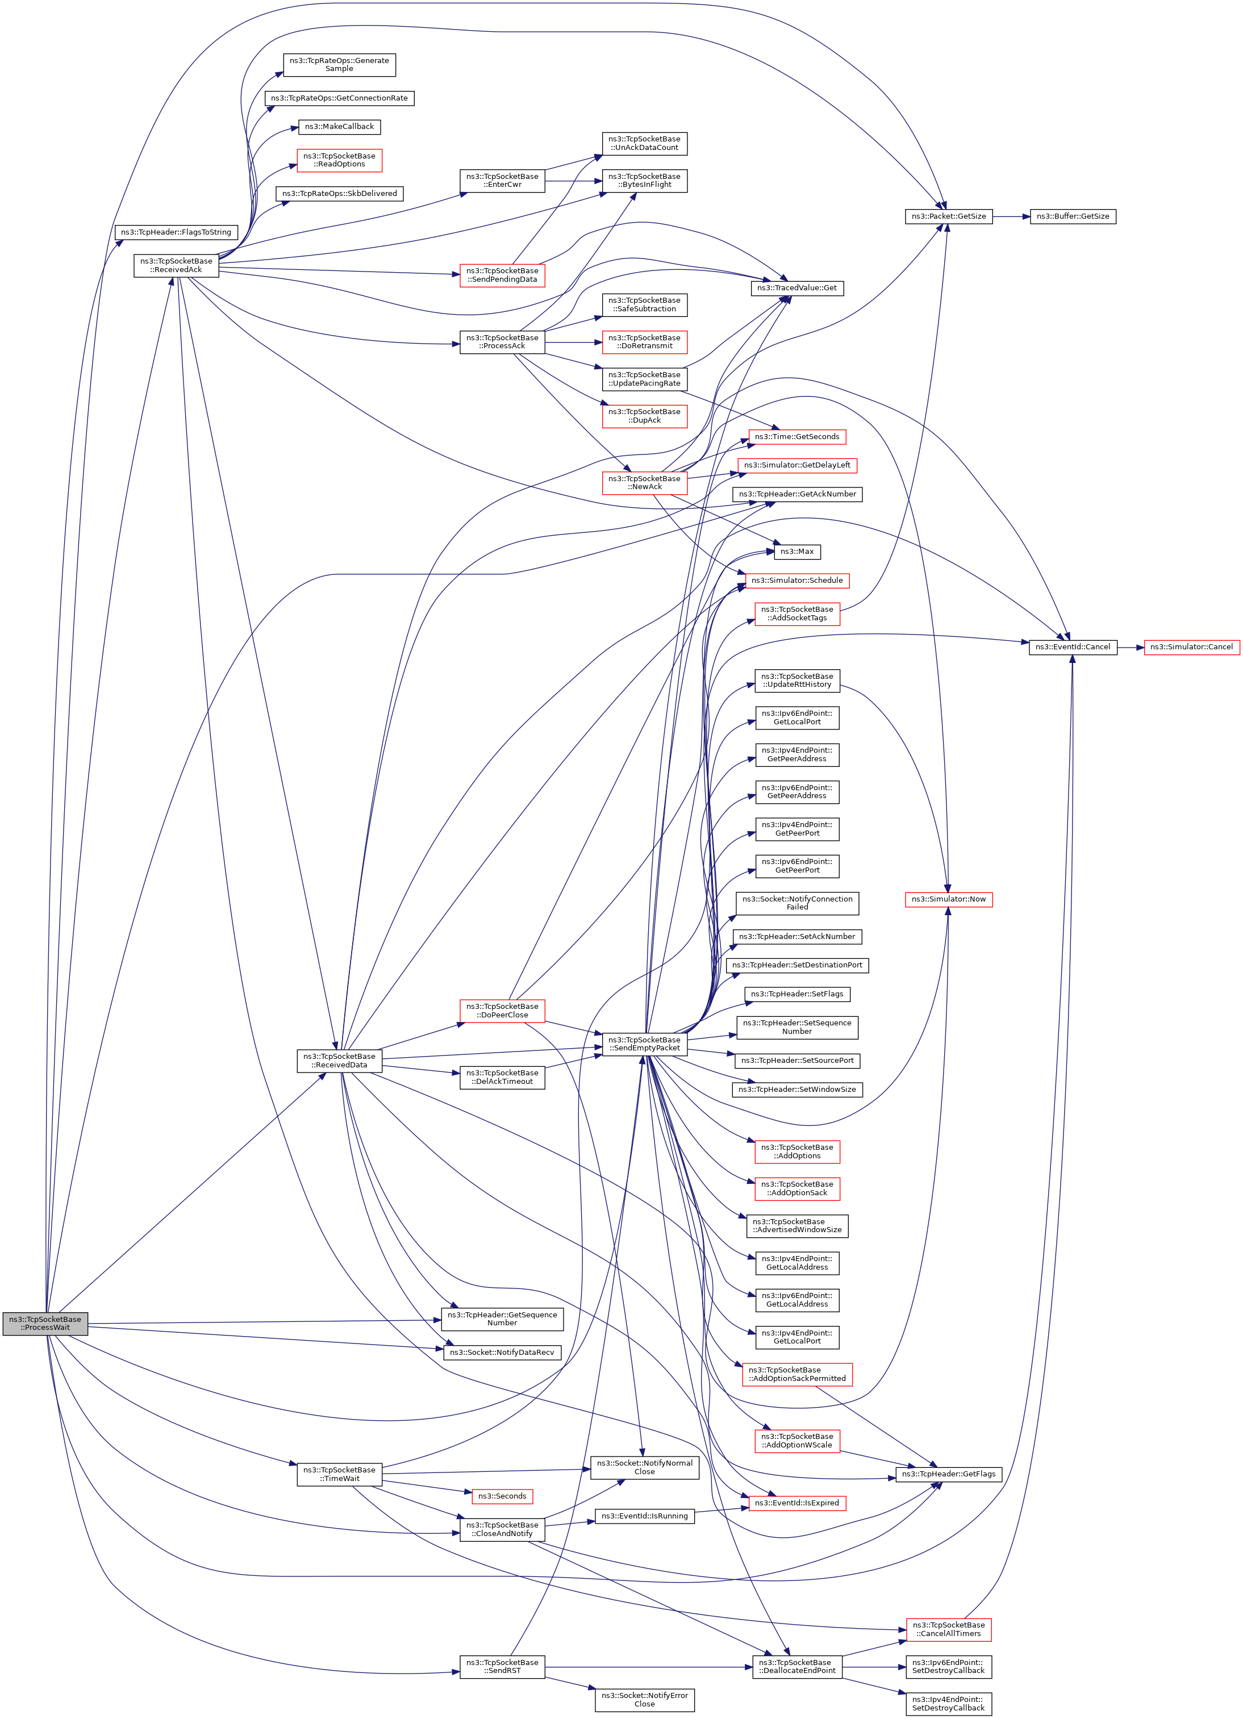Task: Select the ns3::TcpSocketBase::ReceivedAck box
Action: coord(176,265)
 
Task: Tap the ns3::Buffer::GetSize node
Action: coord(1073,217)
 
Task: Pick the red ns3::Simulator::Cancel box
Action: coord(1191,646)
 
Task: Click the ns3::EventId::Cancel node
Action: coord(1073,646)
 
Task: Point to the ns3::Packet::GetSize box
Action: coord(948,217)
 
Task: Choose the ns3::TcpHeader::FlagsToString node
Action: coord(176,232)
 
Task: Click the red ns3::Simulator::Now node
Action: coord(948,899)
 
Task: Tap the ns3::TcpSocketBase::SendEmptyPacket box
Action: coord(644,1044)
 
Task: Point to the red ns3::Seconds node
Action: coord(502,1496)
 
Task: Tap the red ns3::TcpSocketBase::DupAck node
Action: coord(644,415)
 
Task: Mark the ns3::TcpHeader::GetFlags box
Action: coord(948,1474)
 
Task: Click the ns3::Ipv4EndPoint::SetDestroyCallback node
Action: coord(948,1704)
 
